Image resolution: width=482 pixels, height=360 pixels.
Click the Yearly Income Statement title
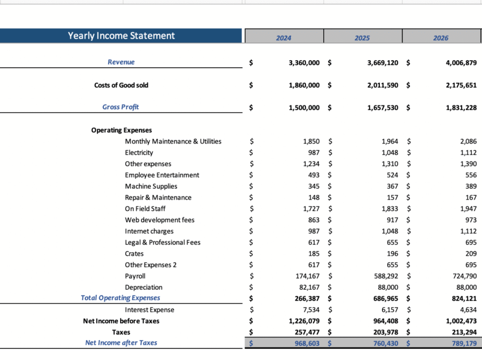pos(121,36)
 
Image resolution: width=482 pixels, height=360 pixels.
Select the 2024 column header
pos(284,38)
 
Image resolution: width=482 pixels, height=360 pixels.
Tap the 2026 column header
pos(441,38)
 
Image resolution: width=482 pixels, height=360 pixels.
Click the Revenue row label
pos(121,62)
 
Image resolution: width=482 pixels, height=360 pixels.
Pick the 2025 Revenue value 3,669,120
pos(382,62)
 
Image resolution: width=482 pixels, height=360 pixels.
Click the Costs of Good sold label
pos(121,85)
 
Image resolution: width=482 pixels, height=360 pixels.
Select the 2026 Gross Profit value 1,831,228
pos(461,107)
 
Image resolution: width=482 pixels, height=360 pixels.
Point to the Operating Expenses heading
pos(121,130)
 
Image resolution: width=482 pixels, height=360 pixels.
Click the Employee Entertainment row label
pos(162,175)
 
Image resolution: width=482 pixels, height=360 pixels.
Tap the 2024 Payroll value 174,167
pos(304,276)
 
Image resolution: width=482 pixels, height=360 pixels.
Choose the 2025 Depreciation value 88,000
pos(385,287)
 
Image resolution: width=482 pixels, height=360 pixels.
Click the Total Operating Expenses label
pos(120,298)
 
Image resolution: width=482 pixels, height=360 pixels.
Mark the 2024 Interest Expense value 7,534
pos(310,310)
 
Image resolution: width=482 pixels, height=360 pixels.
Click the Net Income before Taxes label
pos(121,321)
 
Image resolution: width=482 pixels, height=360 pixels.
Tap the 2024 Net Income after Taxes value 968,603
pos(305,343)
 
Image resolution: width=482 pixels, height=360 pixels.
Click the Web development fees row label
pos(160,220)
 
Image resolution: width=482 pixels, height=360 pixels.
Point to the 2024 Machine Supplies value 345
pos(313,187)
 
